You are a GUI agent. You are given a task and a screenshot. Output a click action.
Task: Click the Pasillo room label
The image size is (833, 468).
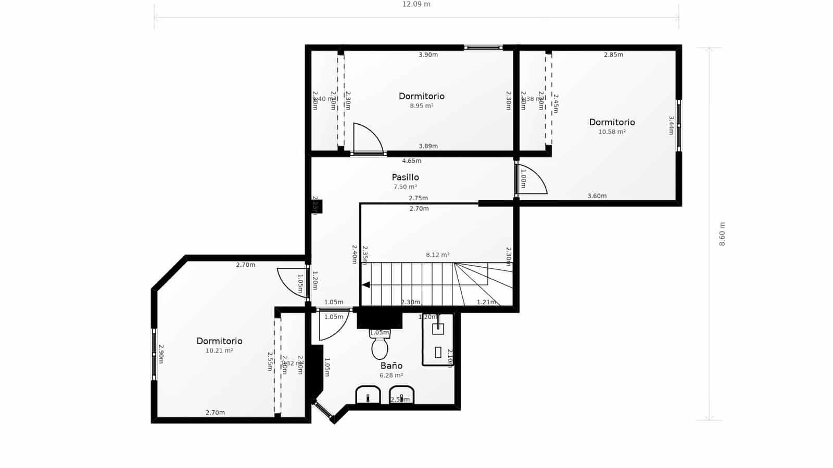(x=405, y=177)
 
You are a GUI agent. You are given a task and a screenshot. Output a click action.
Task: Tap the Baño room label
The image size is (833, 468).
(x=391, y=366)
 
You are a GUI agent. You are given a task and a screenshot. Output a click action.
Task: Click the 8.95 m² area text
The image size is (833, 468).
(x=422, y=106)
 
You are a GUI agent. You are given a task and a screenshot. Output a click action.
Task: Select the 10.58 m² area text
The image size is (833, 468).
(x=612, y=132)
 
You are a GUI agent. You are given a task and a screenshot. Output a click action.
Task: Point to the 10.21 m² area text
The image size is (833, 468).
(x=219, y=351)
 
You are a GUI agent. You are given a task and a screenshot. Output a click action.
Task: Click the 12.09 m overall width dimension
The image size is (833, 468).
(x=416, y=4)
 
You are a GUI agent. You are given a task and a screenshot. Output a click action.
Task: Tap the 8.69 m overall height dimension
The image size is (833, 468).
(x=722, y=234)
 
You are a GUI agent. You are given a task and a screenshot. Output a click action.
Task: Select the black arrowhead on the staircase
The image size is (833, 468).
(x=367, y=284)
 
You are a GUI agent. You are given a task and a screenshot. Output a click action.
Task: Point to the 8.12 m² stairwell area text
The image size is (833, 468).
(x=437, y=255)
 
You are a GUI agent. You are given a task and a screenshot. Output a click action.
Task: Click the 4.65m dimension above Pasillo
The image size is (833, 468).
(x=411, y=161)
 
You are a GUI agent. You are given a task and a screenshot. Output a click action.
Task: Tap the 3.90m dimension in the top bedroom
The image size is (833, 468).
(x=428, y=55)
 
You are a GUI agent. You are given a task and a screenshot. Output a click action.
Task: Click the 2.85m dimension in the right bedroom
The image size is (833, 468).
(x=613, y=55)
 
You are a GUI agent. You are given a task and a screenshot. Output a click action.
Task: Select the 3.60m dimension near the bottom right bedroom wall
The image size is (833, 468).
(x=597, y=196)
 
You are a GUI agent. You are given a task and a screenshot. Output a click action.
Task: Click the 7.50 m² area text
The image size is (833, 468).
(x=405, y=187)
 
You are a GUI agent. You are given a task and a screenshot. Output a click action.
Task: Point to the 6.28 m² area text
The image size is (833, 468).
(x=391, y=375)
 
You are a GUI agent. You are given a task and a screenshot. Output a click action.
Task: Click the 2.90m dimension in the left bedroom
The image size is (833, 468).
(x=161, y=354)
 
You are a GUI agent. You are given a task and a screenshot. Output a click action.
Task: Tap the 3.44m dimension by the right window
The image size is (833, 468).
(x=671, y=125)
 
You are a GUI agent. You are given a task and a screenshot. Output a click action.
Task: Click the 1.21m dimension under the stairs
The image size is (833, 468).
(x=486, y=302)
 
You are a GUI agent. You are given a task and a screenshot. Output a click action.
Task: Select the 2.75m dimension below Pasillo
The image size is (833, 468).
(x=418, y=198)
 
